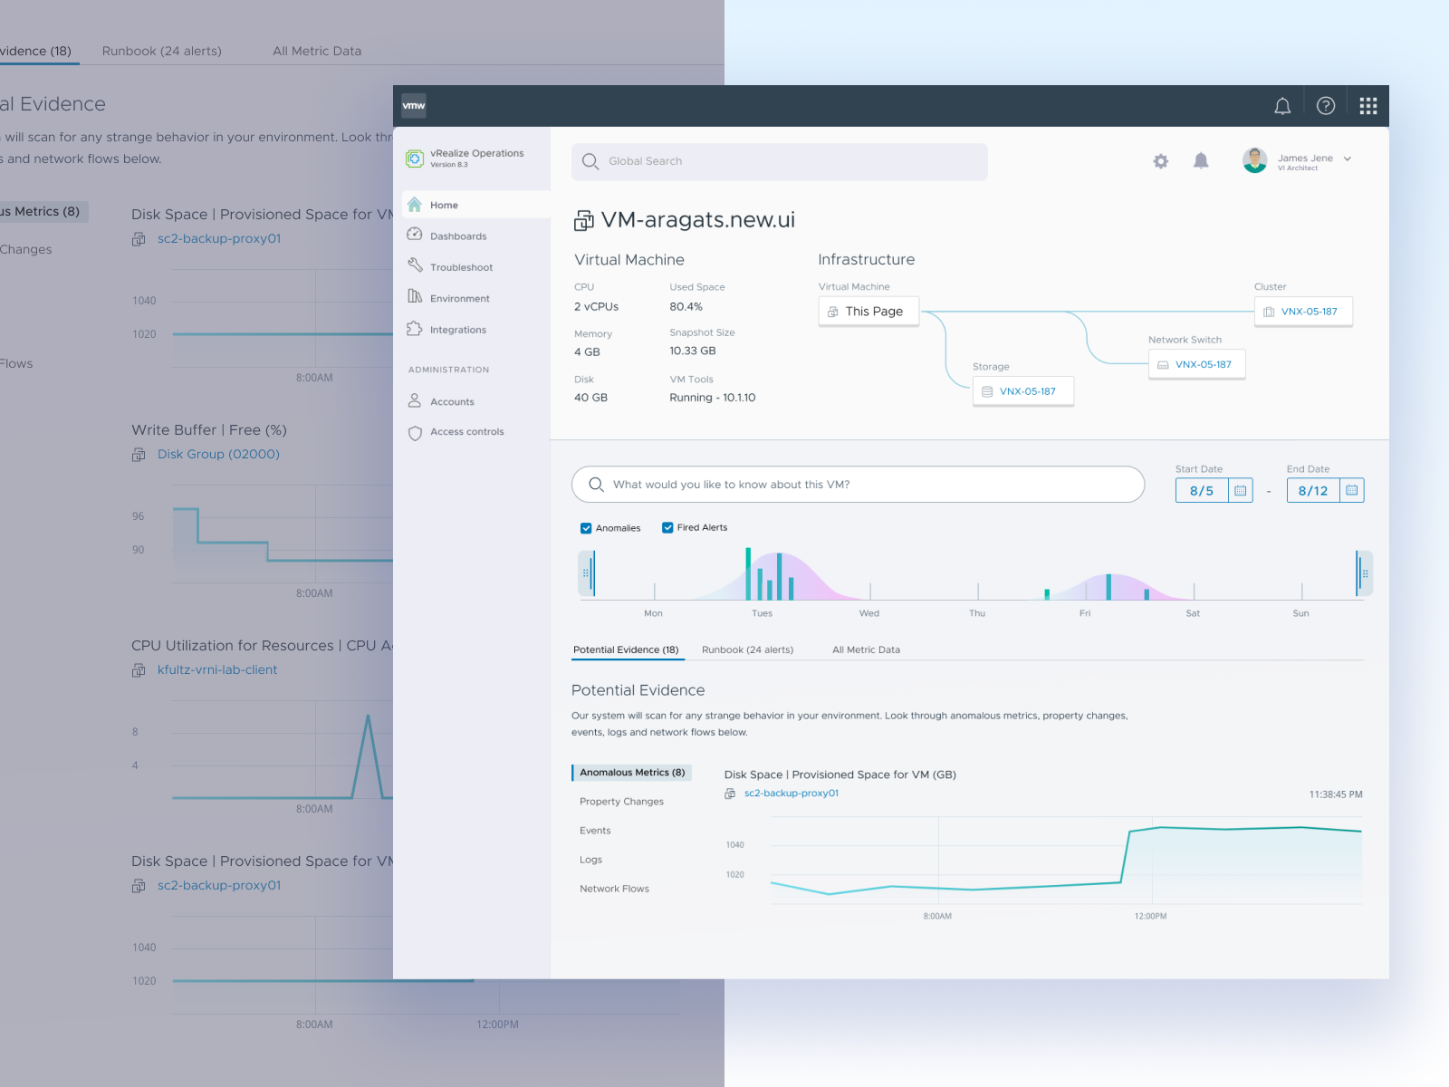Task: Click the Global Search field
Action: (x=779, y=161)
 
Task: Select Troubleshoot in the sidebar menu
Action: (x=461, y=267)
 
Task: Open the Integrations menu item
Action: (x=457, y=330)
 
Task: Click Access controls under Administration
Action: (x=466, y=432)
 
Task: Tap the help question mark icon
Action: (x=1326, y=106)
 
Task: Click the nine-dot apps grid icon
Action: (x=1368, y=106)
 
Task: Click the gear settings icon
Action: (x=1161, y=161)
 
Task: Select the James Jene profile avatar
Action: (x=1254, y=160)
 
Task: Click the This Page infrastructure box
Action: (x=868, y=312)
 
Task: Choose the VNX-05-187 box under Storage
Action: (x=1023, y=391)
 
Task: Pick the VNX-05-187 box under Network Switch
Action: (x=1197, y=364)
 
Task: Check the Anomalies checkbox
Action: (x=586, y=528)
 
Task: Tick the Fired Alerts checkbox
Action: (x=667, y=527)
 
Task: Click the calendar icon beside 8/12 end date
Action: (x=1352, y=490)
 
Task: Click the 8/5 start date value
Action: (x=1202, y=491)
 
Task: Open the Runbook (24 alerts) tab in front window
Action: (x=747, y=649)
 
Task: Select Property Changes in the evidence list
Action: (x=621, y=802)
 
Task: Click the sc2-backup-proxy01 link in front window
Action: (x=791, y=794)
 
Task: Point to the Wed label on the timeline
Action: (x=869, y=613)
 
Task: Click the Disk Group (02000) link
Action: (x=218, y=454)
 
